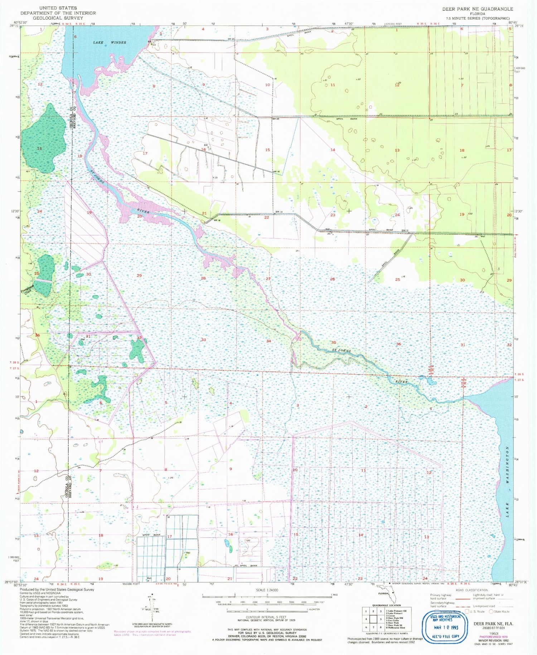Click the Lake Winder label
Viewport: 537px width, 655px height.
(110, 43)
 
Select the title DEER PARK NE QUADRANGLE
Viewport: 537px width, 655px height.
(477, 9)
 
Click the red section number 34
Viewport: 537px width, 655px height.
(268, 341)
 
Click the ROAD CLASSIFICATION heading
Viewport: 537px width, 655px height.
(472, 590)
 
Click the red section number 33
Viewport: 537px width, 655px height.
(203, 339)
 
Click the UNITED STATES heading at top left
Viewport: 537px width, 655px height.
(58, 8)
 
